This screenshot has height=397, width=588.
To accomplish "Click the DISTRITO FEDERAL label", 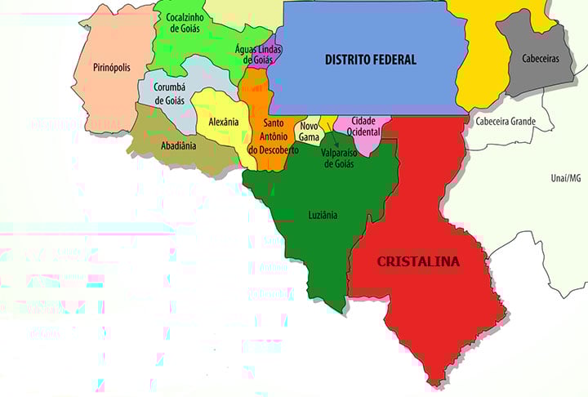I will (x=370, y=60).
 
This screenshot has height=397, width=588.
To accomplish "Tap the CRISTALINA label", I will (x=417, y=262).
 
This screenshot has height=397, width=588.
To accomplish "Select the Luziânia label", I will (x=322, y=215).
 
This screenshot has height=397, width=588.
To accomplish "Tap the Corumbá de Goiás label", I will (x=170, y=93).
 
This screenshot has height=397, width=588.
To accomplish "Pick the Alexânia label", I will (x=223, y=122).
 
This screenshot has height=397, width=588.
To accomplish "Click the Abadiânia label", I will (x=179, y=147).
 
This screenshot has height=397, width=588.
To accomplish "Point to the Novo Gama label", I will (x=309, y=131).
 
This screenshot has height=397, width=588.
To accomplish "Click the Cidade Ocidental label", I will (x=363, y=125).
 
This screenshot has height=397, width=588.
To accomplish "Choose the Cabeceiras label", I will (x=540, y=58).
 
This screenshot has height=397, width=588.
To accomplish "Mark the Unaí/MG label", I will (x=564, y=177).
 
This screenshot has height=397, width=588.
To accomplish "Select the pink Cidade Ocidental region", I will (x=365, y=142).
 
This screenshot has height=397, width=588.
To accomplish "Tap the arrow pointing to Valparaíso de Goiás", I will (x=334, y=141).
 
